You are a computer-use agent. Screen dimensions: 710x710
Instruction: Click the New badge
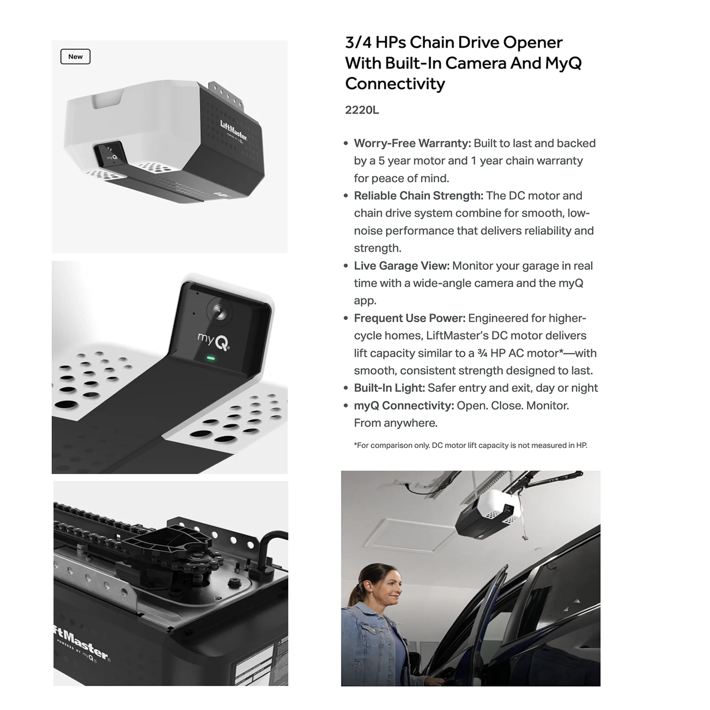(75, 56)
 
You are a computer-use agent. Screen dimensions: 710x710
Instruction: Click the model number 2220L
(362, 110)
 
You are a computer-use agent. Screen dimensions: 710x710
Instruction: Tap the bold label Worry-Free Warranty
(412, 143)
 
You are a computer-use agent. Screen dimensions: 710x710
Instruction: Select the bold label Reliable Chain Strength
(419, 196)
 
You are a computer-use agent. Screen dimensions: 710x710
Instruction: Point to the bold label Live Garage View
(402, 266)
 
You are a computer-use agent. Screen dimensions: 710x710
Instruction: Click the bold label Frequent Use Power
(409, 318)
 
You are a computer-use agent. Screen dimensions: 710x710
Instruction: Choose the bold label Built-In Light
(389, 388)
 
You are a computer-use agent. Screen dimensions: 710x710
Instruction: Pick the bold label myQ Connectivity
(404, 405)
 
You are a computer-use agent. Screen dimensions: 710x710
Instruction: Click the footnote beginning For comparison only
(471, 445)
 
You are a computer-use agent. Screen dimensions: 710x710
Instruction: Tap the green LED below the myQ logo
(211, 359)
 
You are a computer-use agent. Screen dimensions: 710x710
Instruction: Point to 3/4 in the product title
(358, 43)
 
